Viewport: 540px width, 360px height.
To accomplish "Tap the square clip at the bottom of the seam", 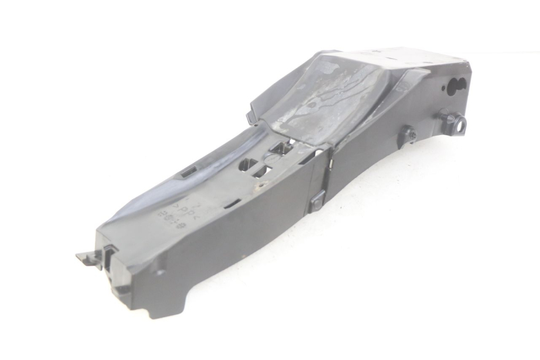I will tap(317, 200).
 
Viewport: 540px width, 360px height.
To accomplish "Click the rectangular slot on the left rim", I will tap(188, 170).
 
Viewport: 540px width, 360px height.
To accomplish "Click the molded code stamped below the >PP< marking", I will tap(174, 219).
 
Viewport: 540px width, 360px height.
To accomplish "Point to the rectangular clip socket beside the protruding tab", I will tap(109, 255).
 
